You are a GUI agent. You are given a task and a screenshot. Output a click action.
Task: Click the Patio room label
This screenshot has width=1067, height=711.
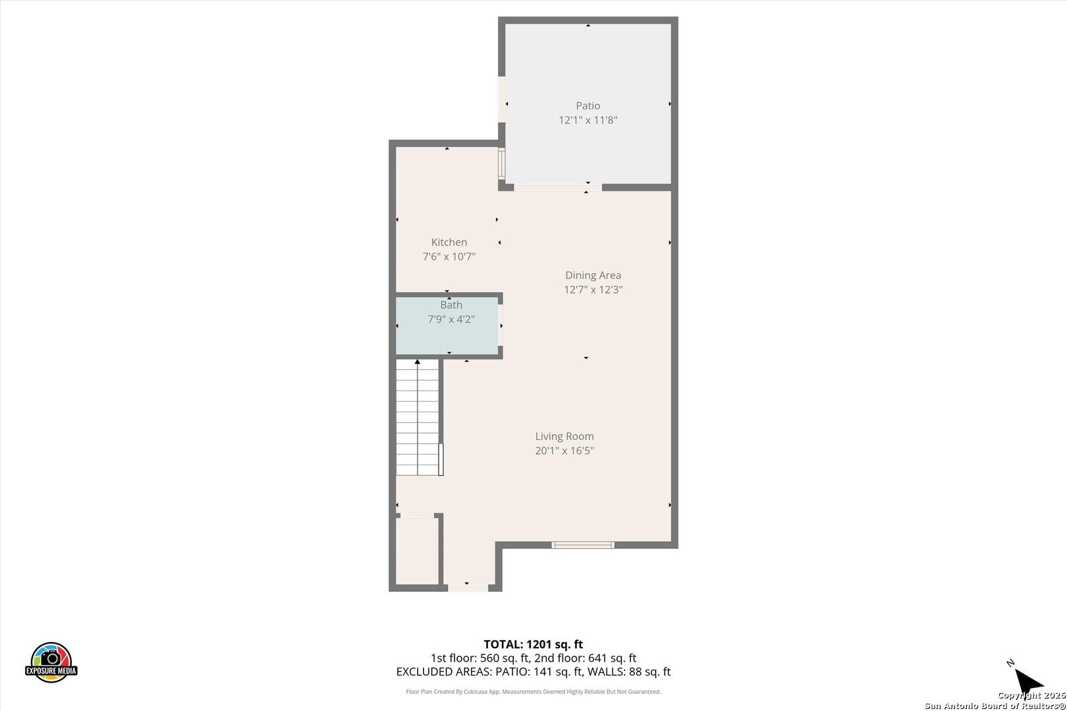click(x=588, y=106)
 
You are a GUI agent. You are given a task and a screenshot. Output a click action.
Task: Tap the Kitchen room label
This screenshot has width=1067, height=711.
click(x=449, y=242)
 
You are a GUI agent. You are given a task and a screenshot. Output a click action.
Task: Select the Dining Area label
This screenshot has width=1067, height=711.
click(x=593, y=275)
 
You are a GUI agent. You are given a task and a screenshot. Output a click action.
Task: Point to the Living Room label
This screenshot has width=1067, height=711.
click(x=564, y=436)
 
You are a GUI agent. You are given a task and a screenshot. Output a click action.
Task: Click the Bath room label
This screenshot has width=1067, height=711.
click(x=451, y=305)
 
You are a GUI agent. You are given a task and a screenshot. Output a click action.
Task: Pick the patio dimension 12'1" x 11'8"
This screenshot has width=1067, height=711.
click(x=588, y=120)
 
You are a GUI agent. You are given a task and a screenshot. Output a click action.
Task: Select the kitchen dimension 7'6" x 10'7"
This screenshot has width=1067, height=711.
click(x=449, y=257)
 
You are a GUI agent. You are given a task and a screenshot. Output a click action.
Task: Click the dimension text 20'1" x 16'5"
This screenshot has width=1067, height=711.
click(x=564, y=450)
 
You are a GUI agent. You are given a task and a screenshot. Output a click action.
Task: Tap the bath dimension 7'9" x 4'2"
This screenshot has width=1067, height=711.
click(x=451, y=319)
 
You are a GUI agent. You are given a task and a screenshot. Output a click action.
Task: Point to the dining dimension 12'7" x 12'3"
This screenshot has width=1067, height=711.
click(x=593, y=290)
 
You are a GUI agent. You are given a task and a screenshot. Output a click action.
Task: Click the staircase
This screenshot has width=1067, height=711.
click(x=418, y=417)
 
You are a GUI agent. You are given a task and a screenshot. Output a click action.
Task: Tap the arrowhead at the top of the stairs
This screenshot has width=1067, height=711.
click(x=418, y=362)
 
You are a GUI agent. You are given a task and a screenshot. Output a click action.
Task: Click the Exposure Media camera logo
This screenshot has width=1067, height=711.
click(x=51, y=662)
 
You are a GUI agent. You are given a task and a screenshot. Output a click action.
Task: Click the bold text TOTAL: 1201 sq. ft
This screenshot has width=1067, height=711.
click(x=533, y=645)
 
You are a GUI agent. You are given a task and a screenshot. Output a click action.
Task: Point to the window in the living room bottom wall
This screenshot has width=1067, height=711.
click(x=582, y=545)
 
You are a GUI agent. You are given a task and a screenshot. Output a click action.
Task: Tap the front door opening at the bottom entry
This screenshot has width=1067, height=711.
click(x=468, y=588)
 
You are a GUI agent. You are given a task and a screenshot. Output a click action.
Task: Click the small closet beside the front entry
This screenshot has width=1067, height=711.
click(x=418, y=551)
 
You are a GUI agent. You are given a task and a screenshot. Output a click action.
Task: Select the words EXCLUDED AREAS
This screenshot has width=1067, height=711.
click(x=444, y=671)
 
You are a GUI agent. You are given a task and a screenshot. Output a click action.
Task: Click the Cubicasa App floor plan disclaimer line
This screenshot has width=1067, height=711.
click(x=533, y=691)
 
